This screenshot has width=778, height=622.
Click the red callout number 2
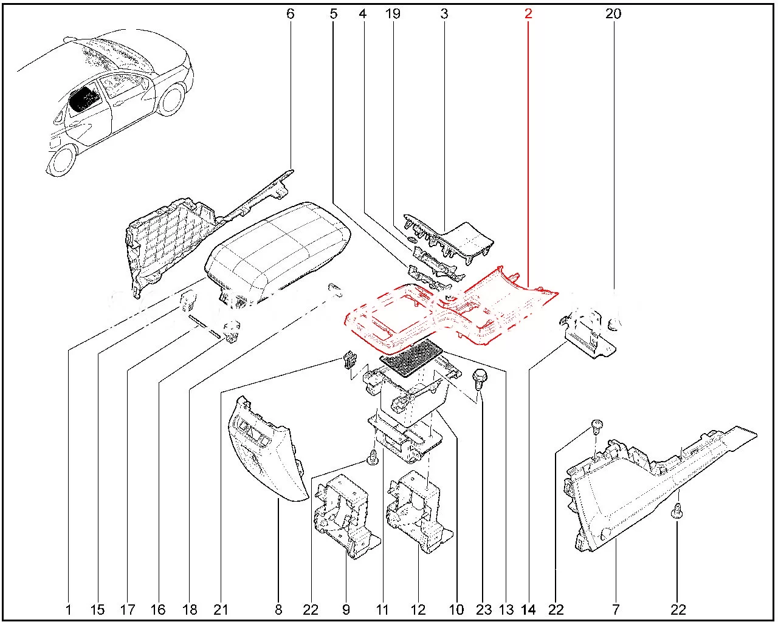tap(528, 13)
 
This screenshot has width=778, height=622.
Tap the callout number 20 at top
tap(613, 13)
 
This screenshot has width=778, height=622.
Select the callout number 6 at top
tap(290, 13)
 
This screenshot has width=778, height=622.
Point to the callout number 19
tap(393, 13)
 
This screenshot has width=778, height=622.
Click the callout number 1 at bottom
tap(68, 609)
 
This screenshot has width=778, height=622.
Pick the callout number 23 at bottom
tap(483, 609)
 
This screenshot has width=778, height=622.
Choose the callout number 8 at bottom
tap(279, 609)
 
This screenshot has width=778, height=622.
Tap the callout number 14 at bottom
tap(529, 609)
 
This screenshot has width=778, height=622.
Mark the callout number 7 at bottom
tap(616, 609)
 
